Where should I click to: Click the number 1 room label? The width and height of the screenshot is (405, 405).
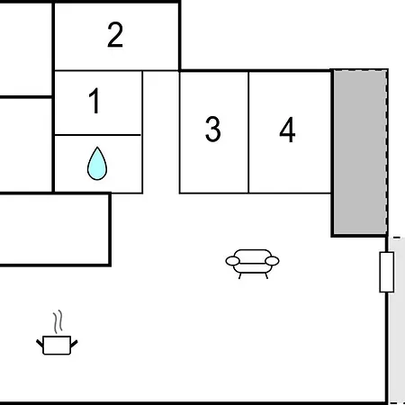point(94,101)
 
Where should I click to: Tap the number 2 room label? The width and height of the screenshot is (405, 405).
point(115,35)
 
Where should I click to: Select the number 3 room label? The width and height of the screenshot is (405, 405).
point(213,129)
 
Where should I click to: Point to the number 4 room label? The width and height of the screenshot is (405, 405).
point(287,130)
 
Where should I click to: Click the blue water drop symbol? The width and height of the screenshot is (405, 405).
point(97,164)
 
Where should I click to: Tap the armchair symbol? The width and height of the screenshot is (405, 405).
point(252,264)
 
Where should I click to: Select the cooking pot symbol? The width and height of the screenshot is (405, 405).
point(57,333)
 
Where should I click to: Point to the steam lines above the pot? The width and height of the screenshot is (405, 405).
point(58,321)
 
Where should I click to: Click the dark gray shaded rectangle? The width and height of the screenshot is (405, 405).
point(360,152)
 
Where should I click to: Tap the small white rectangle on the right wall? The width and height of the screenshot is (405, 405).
point(387,272)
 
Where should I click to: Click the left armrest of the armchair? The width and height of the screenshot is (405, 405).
point(233,261)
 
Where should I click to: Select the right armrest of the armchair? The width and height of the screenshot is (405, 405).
point(272,261)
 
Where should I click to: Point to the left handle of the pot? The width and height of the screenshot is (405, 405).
point(40,344)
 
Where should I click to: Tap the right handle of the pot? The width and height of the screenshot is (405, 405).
point(74,344)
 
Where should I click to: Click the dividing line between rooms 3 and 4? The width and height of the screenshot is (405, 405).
point(248,132)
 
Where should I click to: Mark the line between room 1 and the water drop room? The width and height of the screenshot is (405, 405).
point(98,135)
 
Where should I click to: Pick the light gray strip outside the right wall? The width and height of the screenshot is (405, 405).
point(397,320)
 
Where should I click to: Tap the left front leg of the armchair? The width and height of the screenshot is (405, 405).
point(240,276)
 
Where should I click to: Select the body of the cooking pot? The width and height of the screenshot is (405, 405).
point(57,346)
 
